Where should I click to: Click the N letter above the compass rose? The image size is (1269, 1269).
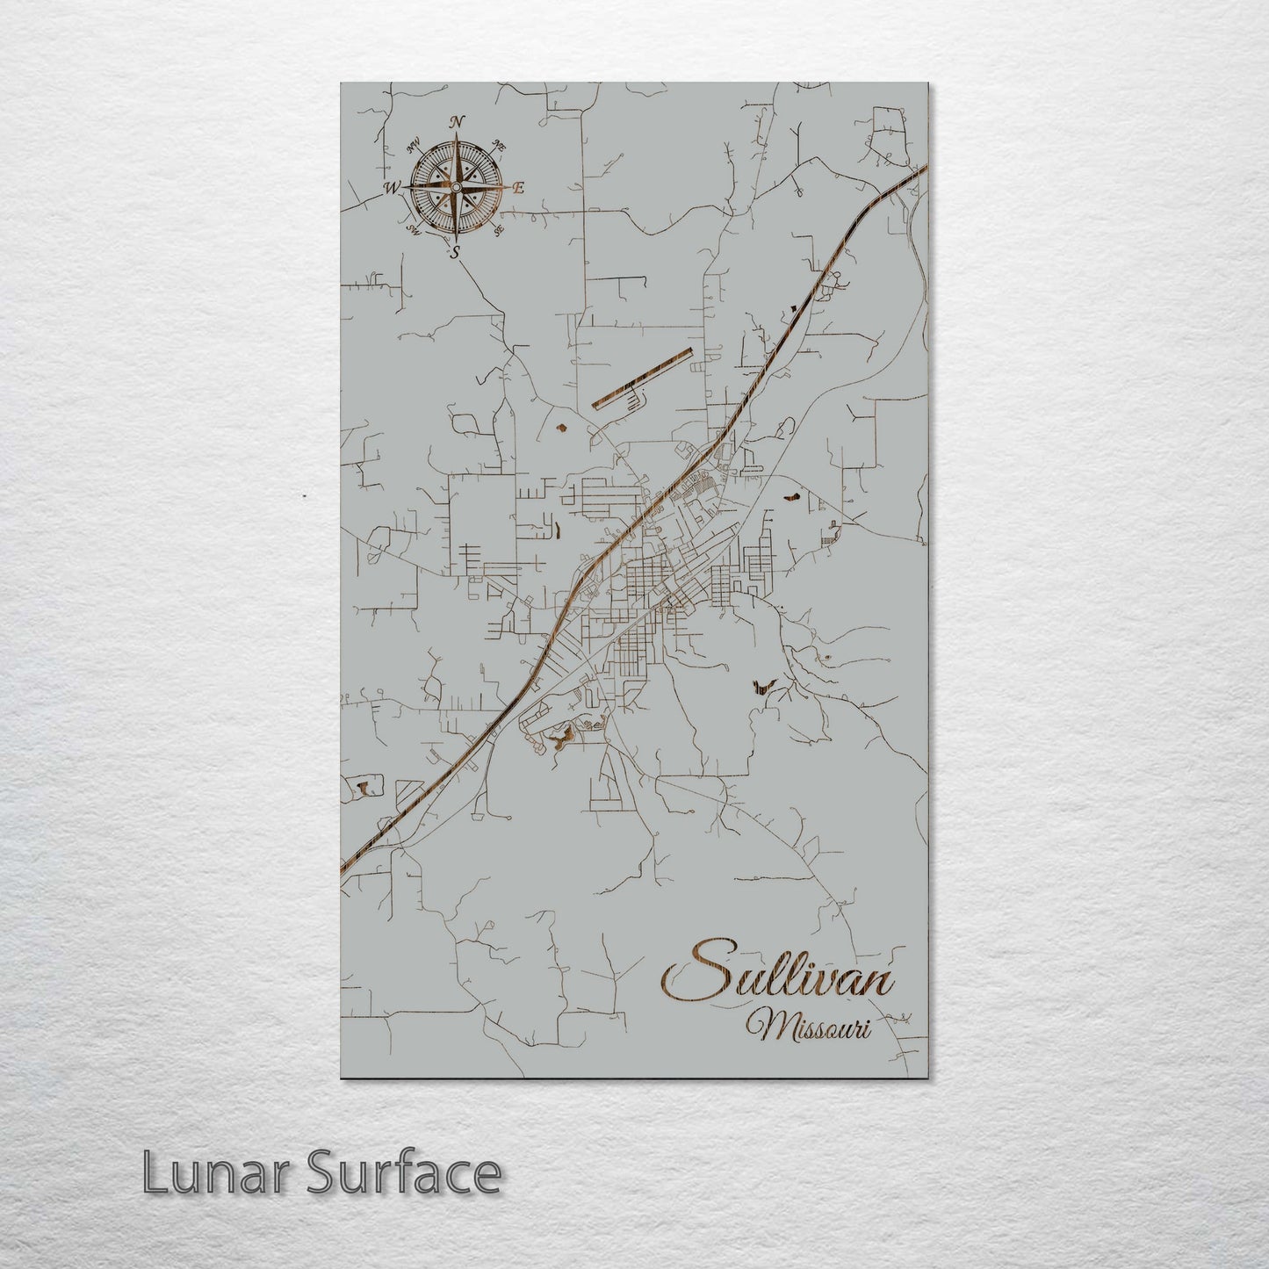click(x=458, y=122)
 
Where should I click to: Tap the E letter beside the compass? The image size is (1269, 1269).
click(x=518, y=187)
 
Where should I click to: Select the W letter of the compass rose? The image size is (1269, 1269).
click(x=392, y=187)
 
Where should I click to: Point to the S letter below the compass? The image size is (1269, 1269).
click(x=455, y=253)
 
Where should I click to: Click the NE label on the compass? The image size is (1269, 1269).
click(x=500, y=145)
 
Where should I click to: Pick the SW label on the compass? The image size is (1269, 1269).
click(x=413, y=231)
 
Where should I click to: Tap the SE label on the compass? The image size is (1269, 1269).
click(x=499, y=230)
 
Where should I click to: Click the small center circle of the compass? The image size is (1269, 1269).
click(x=456, y=186)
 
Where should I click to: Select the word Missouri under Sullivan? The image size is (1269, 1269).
click(x=808, y=1026)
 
